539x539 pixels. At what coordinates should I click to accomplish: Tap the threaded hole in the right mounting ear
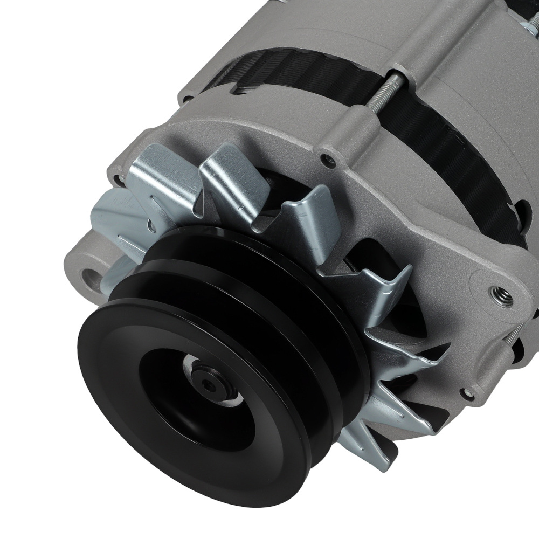496,292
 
